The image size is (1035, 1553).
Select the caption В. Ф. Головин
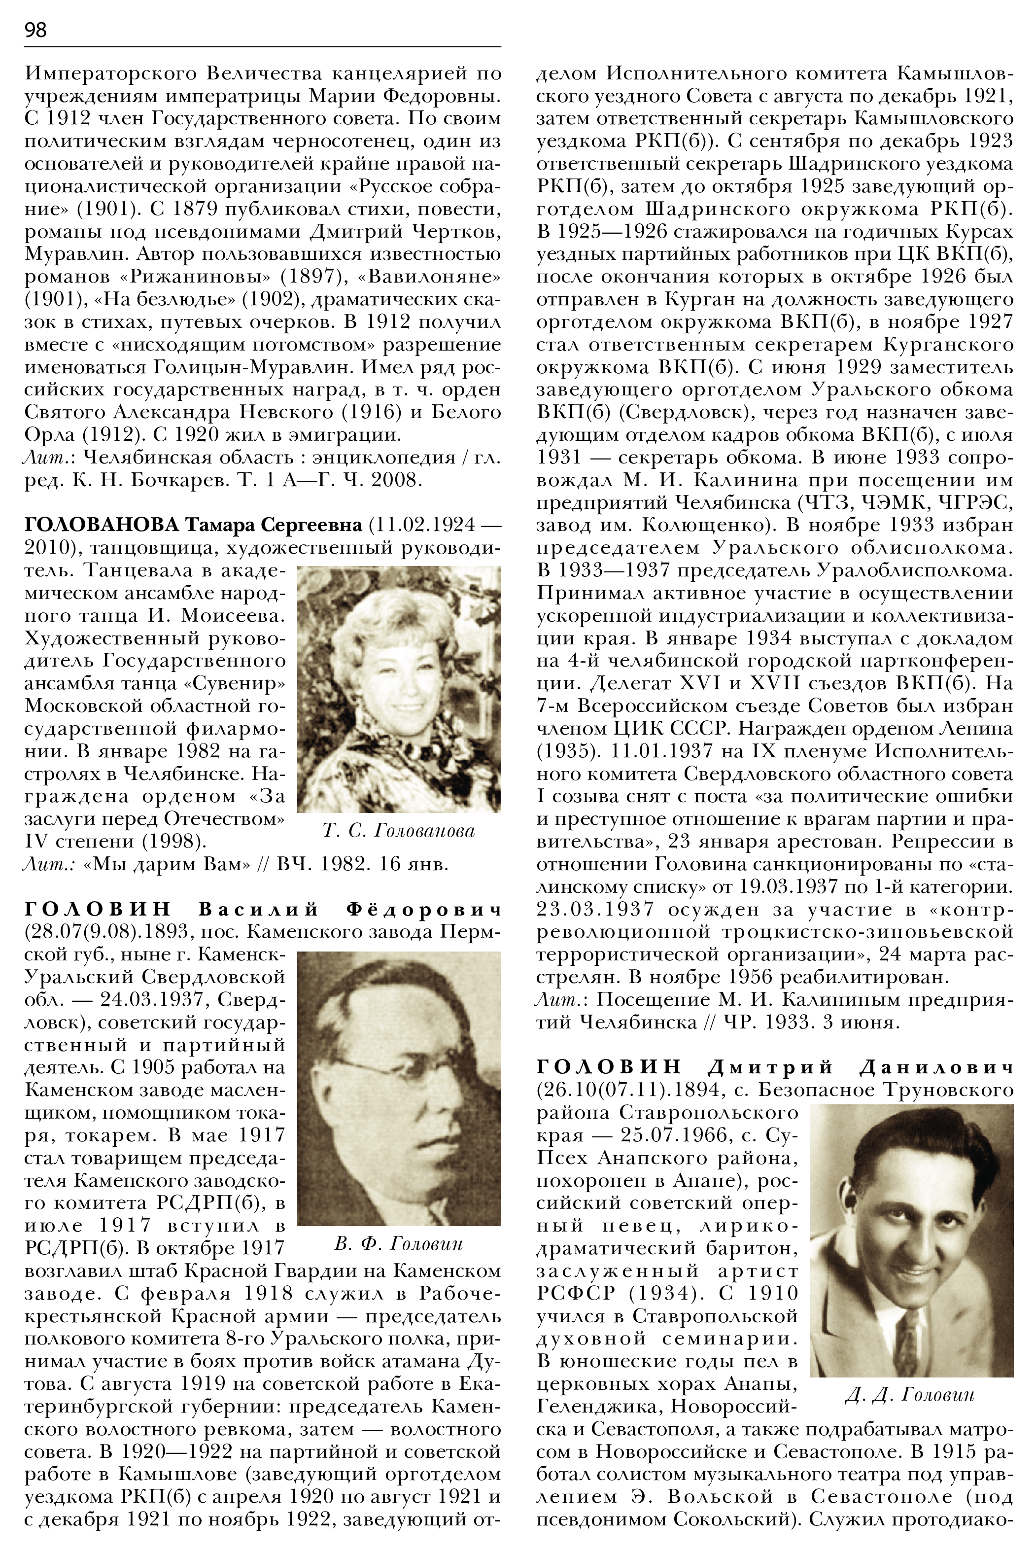pos(399,1243)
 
